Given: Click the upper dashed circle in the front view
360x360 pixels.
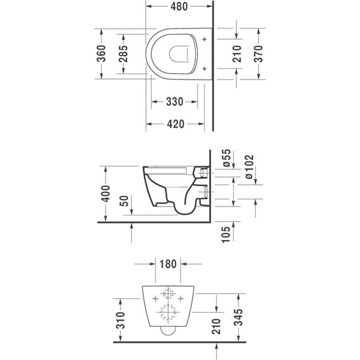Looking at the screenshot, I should point(167,294).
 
